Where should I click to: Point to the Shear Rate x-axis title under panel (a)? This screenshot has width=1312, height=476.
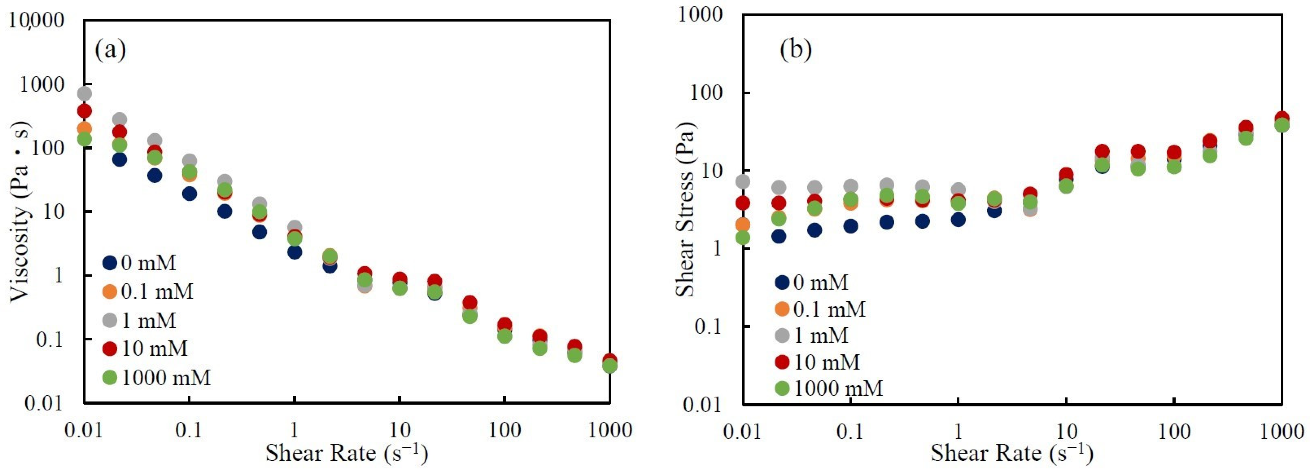pos(346,452)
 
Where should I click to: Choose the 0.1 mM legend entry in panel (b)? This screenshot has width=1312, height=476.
pos(820,309)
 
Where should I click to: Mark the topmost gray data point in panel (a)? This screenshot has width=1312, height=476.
pos(85,93)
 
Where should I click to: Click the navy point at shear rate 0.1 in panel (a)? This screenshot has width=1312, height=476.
pos(190,194)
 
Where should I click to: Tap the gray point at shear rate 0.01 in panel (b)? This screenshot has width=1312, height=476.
pos(743,181)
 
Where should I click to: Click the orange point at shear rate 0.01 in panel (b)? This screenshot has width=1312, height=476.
pos(743,224)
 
